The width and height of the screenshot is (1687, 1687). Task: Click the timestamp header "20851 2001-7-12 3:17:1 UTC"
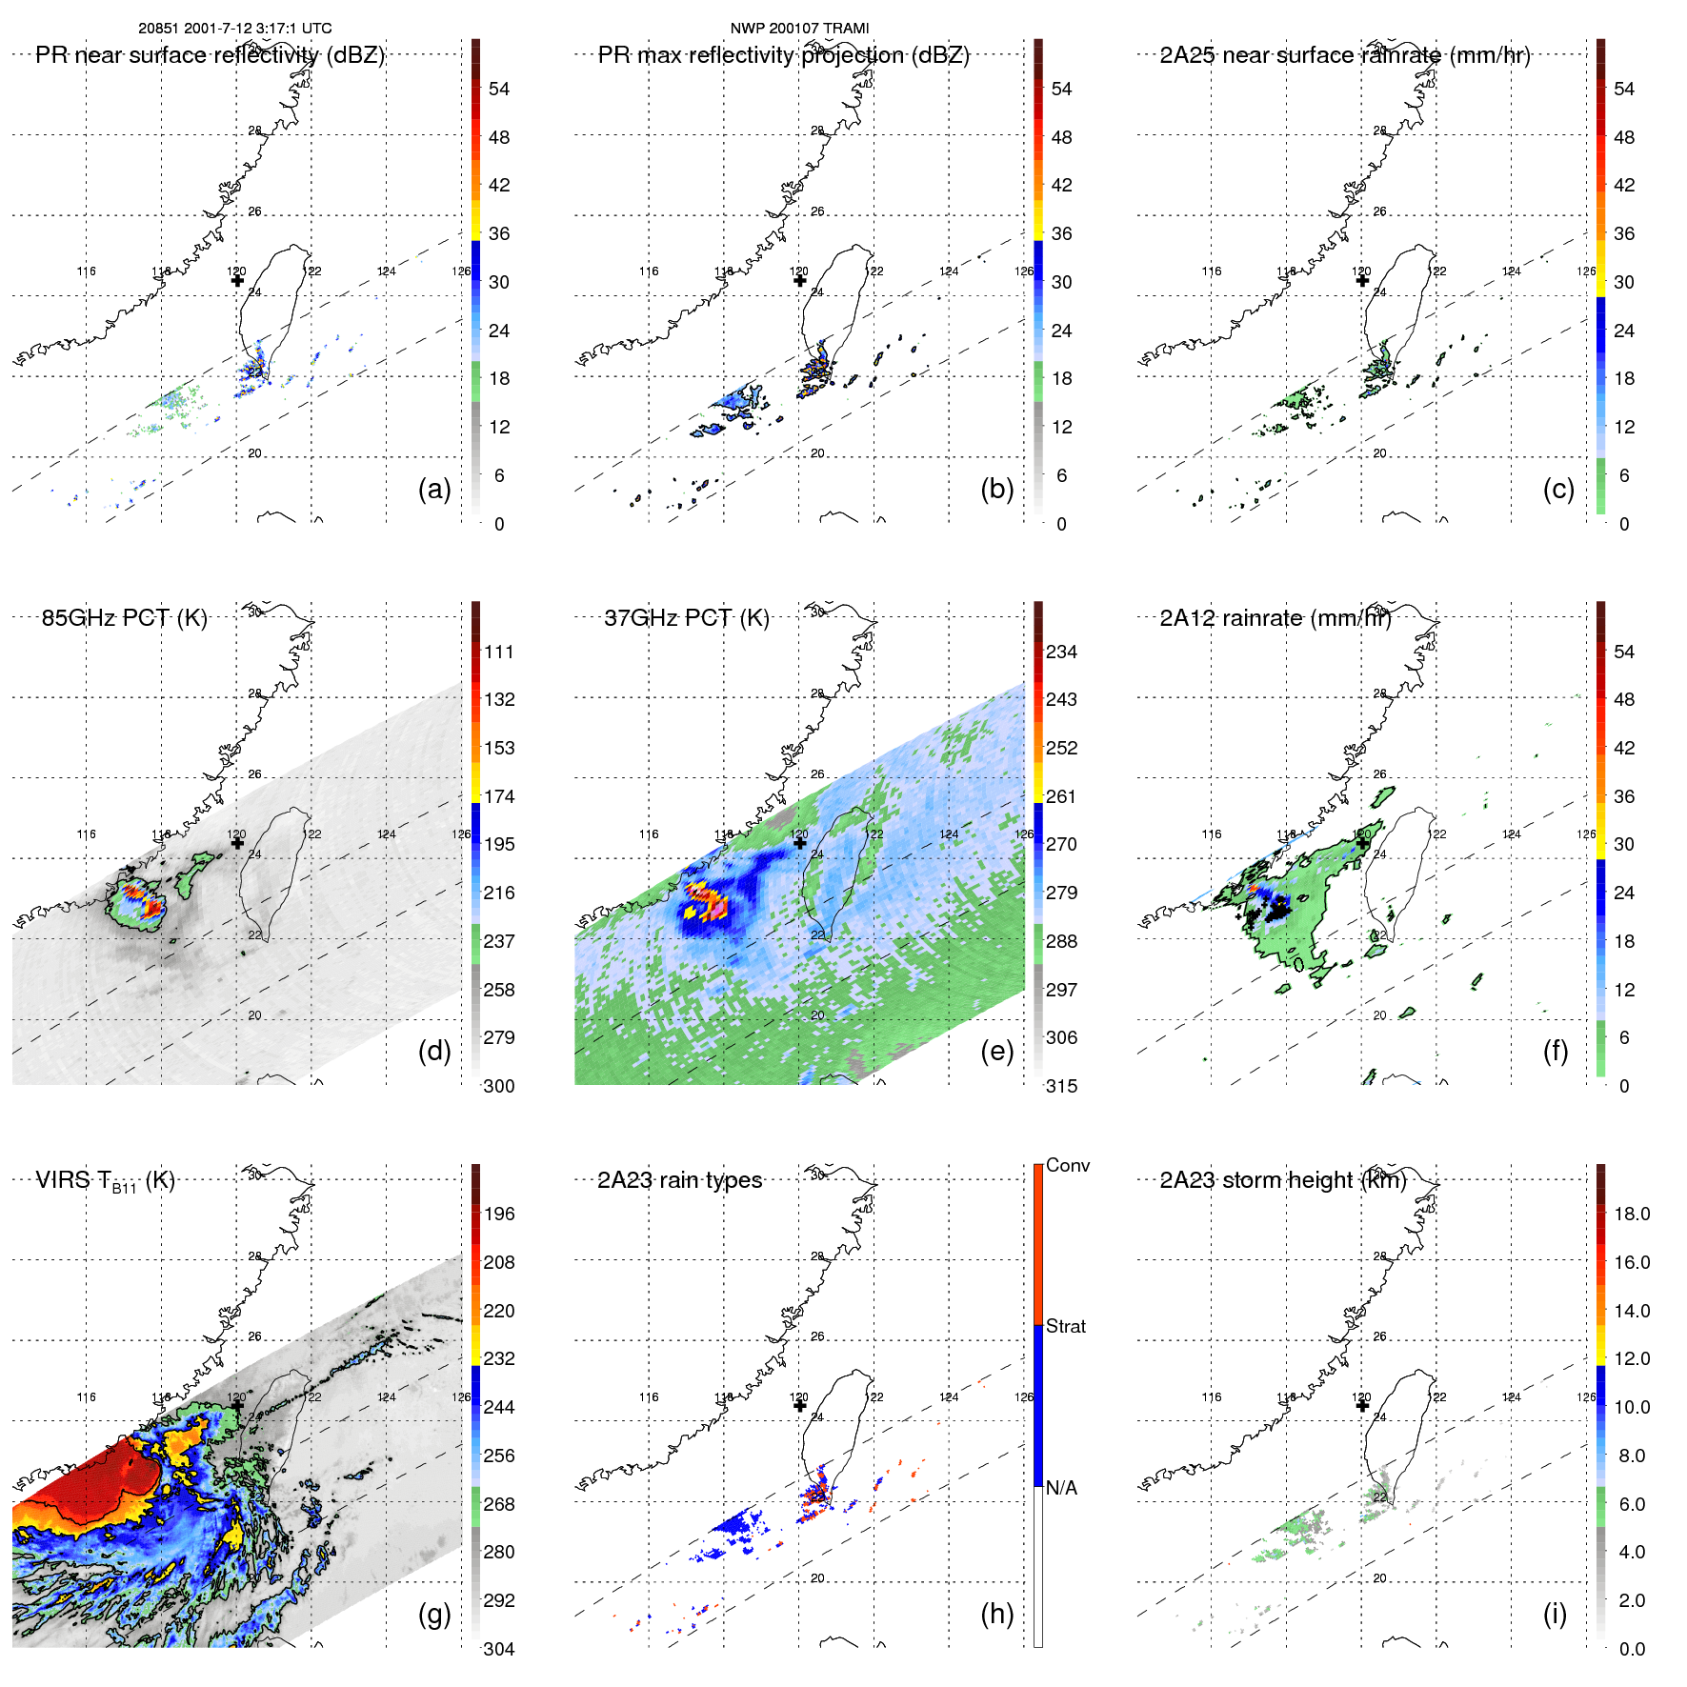[234, 29]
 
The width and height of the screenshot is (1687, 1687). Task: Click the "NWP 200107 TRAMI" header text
[799, 29]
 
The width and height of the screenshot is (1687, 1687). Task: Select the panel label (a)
[434, 489]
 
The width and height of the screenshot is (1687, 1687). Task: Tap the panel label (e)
[996, 1051]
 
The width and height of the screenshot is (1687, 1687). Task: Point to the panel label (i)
[1555, 1614]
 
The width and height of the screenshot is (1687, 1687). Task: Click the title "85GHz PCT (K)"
[124, 618]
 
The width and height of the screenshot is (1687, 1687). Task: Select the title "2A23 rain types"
[679, 1180]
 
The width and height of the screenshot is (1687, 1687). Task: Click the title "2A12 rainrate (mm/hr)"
[1275, 618]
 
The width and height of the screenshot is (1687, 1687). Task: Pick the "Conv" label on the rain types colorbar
[1067, 1165]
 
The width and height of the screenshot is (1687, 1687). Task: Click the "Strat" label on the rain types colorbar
[1065, 1326]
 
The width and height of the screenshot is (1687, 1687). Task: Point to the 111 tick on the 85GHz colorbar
[499, 652]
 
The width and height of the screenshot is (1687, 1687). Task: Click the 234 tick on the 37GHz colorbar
[1061, 652]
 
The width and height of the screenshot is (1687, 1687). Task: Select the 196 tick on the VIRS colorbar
[499, 1214]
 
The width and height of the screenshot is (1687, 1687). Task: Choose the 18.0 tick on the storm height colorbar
[1631, 1214]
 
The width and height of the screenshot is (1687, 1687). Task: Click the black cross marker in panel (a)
[237, 280]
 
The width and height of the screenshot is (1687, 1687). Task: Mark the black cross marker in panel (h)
[799, 1405]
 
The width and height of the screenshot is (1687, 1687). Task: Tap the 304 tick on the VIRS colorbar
[499, 1649]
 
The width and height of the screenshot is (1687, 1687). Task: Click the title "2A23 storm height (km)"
[1282, 1180]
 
